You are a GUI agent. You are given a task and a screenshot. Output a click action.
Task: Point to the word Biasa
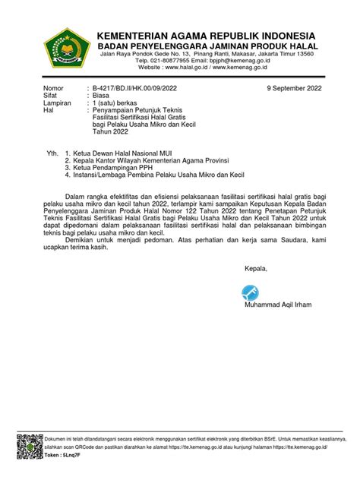pos(103,97)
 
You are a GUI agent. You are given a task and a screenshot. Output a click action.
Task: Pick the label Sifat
pos(52,97)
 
